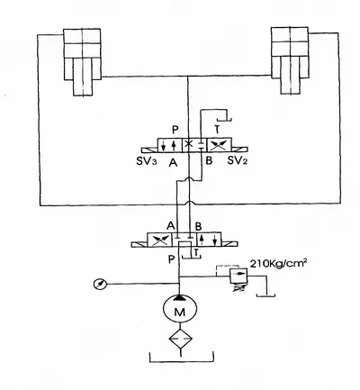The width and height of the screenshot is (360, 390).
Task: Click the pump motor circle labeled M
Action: tap(180, 308)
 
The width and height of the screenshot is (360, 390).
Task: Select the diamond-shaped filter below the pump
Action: tap(180, 339)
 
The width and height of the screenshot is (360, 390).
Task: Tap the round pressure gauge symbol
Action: tap(100, 284)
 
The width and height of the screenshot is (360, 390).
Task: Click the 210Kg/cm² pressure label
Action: tap(278, 263)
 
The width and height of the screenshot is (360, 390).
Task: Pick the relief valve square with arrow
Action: tap(238, 276)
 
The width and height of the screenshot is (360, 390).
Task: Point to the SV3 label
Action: tap(147, 162)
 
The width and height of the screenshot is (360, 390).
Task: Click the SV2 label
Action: tap(238, 160)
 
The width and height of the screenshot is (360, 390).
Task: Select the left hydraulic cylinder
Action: tap(82, 62)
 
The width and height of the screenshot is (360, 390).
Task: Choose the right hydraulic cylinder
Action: tap(290, 60)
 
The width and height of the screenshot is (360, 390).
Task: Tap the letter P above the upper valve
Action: tap(175, 130)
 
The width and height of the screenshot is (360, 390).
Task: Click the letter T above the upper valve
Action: tap(217, 130)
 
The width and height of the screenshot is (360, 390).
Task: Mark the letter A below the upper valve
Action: tap(173, 162)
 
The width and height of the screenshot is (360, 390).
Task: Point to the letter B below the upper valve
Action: tap(209, 160)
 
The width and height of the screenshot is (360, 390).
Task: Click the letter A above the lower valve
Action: tap(171, 225)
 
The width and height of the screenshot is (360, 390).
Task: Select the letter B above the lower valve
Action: tap(198, 226)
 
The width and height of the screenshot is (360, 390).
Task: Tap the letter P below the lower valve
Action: tap(171, 259)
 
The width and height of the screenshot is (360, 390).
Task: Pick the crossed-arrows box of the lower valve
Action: tap(159, 240)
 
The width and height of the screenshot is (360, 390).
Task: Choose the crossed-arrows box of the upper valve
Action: tap(220, 145)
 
